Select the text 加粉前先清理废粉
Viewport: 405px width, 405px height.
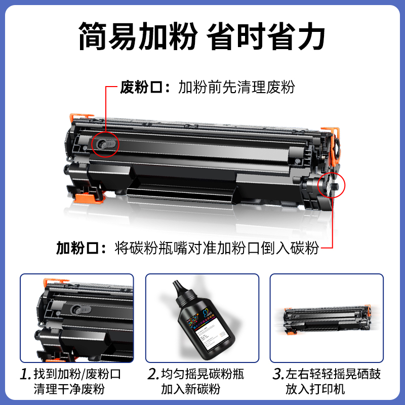236,87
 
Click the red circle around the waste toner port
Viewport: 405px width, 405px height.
105,144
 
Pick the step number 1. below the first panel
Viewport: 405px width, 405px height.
26,375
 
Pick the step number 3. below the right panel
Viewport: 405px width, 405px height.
277,375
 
